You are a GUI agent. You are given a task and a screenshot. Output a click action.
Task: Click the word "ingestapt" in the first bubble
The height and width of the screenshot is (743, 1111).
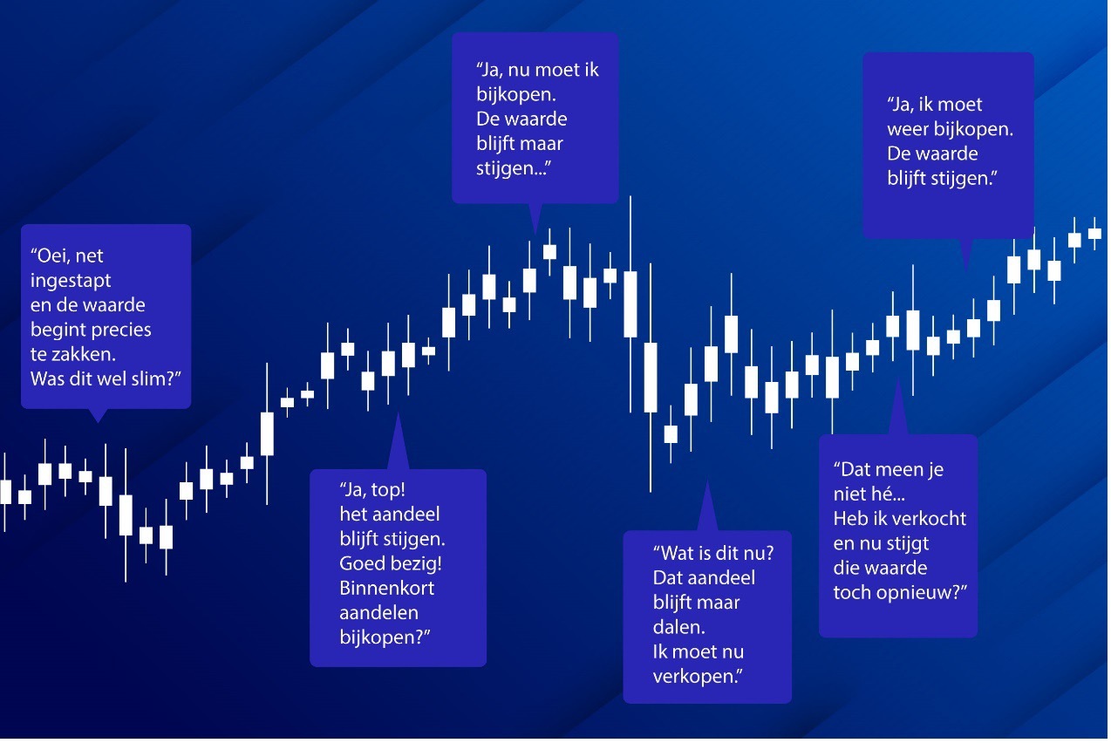71,281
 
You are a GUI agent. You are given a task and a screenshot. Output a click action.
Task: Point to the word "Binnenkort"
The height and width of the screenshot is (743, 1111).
387,588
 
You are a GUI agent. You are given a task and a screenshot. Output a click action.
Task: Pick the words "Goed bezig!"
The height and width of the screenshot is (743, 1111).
391,563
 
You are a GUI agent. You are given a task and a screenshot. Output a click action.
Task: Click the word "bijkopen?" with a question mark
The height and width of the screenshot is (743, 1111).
385,637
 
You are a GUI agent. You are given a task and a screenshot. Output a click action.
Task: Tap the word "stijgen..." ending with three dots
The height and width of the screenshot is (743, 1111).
514,168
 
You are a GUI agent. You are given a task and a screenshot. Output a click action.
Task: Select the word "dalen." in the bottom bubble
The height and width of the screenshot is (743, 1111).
678,627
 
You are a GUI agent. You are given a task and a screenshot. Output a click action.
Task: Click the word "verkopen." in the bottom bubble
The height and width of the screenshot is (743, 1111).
698,677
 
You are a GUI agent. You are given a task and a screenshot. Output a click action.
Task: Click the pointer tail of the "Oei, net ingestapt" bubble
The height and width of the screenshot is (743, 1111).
98,415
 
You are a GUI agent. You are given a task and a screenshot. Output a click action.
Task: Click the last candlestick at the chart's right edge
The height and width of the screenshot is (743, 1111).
1094,233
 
